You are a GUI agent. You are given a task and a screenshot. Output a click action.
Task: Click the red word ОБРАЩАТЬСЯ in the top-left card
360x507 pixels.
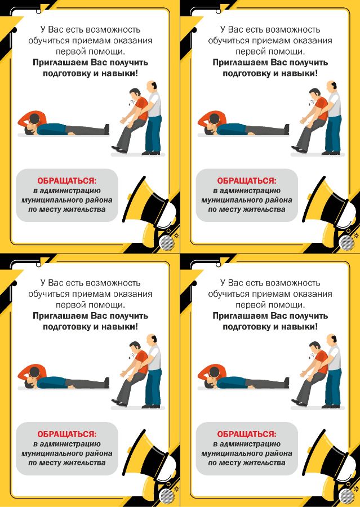66,180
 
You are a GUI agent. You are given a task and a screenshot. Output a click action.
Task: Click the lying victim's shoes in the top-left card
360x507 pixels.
106,129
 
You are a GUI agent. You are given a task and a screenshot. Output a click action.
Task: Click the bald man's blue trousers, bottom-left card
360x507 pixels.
153,386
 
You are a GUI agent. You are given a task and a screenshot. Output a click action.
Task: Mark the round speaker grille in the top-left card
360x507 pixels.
167,243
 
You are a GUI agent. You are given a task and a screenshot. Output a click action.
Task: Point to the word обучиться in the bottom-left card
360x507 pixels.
48,294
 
